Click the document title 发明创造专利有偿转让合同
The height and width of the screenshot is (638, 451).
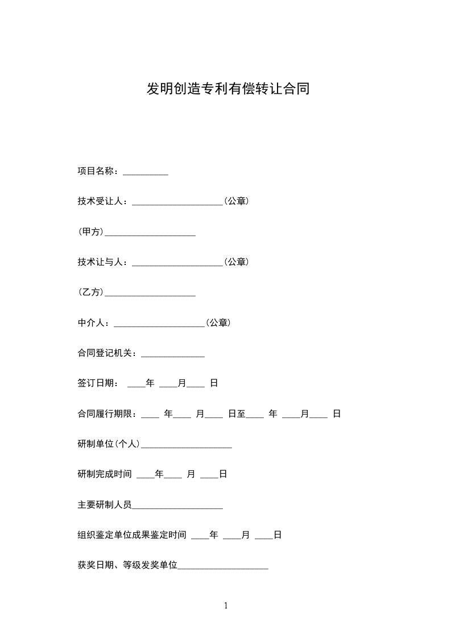(228, 89)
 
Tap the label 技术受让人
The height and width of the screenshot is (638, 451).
(102, 201)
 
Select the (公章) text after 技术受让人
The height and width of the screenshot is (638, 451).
(235, 201)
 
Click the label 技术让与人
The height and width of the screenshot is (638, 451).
(102, 262)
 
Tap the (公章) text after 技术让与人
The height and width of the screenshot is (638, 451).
(235, 262)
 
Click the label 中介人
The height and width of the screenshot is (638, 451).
(93, 323)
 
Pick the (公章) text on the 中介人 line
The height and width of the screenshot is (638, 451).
(218, 323)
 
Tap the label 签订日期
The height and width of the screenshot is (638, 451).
(96, 384)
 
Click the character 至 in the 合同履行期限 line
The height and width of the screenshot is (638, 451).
(241, 415)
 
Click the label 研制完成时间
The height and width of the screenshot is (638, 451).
(105, 474)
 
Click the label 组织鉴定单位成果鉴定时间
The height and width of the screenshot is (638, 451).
(132, 535)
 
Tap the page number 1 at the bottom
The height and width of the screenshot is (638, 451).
(226, 606)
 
